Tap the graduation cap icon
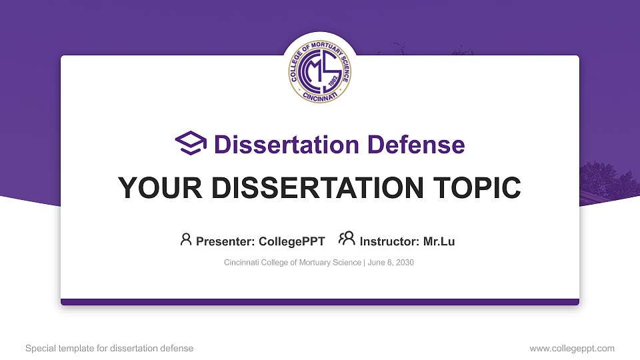tap(191, 143)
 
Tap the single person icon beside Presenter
tap(186, 239)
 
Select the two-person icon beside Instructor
tap(347, 239)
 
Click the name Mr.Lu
tap(439, 241)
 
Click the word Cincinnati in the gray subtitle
tap(243, 263)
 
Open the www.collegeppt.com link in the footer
tap(572, 348)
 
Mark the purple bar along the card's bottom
tap(320, 302)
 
